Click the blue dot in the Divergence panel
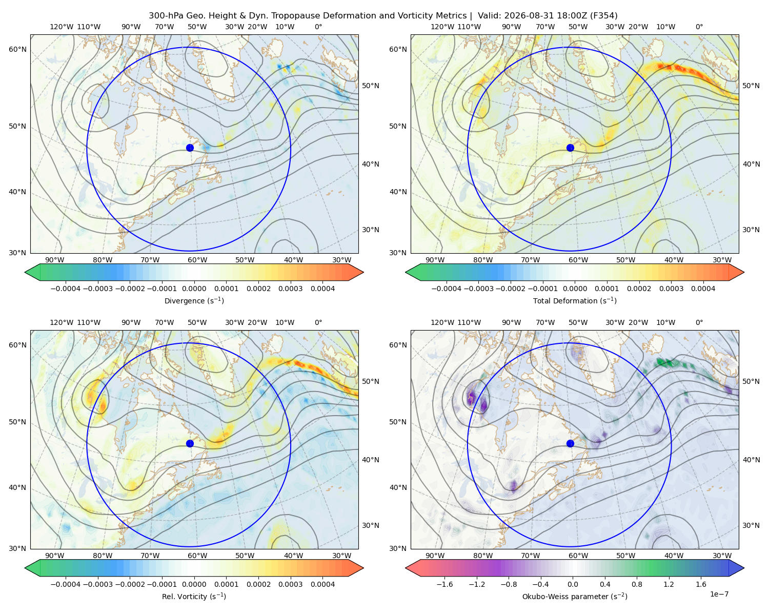click(x=190, y=148)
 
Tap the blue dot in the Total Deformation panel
click(x=570, y=148)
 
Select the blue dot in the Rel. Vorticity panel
click(x=190, y=443)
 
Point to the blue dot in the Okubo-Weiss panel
click(x=570, y=443)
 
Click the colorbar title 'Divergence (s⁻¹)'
click(x=194, y=300)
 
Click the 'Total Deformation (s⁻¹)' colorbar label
click(x=575, y=300)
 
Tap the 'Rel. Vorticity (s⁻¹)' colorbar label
click(x=194, y=596)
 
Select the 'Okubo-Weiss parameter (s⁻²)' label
click(x=575, y=596)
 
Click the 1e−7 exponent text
click(x=719, y=594)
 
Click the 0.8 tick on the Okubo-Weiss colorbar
click(x=637, y=584)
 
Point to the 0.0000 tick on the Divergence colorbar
click(x=194, y=289)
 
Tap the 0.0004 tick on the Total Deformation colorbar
click(x=703, y=289)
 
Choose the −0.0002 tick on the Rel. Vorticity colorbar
click(x=130, y=584)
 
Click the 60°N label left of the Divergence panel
click(x=17, y=49)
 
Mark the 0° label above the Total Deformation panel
click(x=699, y=27)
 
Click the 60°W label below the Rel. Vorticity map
click(x=197, y=556)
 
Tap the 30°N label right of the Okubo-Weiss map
click(x=751, y=525)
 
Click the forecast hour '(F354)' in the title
click(x=604, y=16)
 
